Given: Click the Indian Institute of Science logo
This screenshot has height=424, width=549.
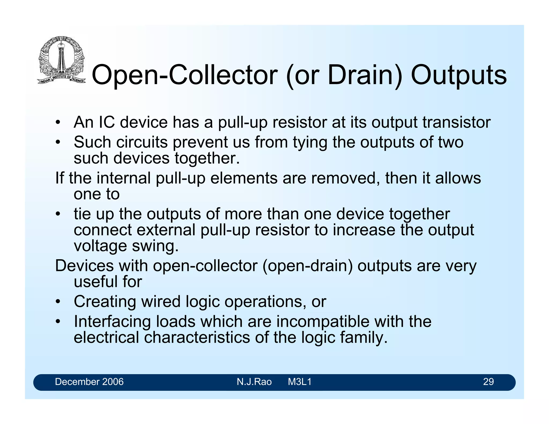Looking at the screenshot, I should point(61,60).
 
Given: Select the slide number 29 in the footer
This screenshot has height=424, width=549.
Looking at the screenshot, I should point(488,382).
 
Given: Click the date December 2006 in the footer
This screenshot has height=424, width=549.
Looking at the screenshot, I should point(89,382).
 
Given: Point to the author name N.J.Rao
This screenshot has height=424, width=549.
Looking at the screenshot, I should point(254,382).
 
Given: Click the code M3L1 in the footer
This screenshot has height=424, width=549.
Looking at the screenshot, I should point(300,382).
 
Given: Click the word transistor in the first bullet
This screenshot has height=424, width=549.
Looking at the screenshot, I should point(457,122).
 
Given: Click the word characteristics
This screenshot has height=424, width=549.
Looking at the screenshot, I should point(197,337).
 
